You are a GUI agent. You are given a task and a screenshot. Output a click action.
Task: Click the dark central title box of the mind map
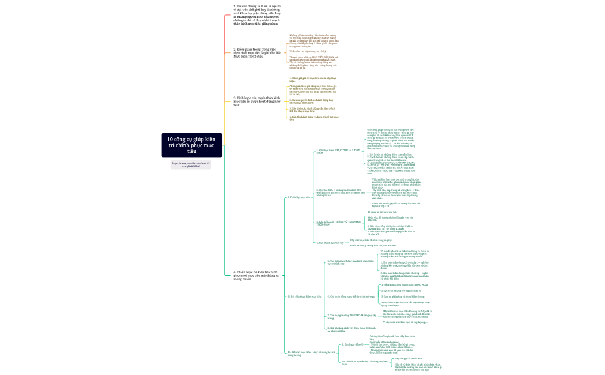pyautogui.click(x=191, y=145)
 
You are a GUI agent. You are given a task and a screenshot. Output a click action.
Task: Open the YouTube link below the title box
pyautogui.click(x=191, y=165)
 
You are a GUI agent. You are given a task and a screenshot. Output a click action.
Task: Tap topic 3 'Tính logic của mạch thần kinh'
pyautogui.click(x=257, y=101)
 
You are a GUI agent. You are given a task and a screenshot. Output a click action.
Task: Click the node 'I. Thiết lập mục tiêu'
pyautogui.click(x=299, y=197)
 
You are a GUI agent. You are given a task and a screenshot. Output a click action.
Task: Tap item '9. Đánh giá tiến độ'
pyautogui.click(x=352, y=344)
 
